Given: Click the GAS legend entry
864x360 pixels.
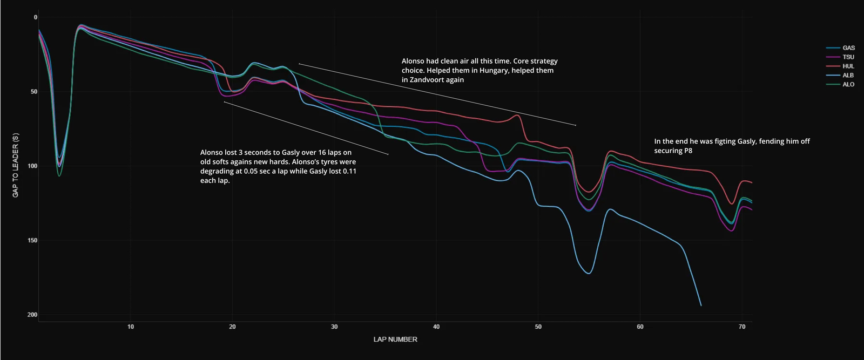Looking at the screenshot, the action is click(x=840, y=48).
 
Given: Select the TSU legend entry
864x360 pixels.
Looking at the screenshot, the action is click(x=840, y=57).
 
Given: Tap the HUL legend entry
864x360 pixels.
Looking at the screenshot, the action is click(x=840, y=66).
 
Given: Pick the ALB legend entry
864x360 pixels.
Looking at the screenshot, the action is click(x=840, y=75).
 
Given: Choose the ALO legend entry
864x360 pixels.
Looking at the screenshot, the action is click(x=840, y=84).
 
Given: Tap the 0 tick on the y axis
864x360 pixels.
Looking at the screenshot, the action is click(x=36, y=17).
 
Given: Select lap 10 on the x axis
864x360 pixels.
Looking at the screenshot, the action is click(x=131, y=327).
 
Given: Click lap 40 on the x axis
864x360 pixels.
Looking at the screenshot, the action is click(x=436, y=327).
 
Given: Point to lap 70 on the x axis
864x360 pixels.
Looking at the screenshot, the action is click(x=742, y=327).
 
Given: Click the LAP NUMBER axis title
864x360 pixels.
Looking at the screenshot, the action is click(x=395, y=339).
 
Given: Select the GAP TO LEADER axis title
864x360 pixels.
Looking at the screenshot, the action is click(x=16, y=165).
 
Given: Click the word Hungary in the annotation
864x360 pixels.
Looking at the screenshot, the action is click(x=494, y=71).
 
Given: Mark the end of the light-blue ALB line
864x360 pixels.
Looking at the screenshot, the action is click(x=701, y=305).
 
